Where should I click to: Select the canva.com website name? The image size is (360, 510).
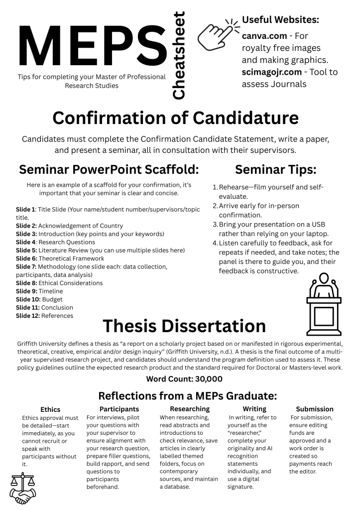click(x=264, y=36)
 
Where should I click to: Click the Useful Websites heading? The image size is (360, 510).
click(x=280, y=20)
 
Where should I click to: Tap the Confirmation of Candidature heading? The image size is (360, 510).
click(x=175, y=118)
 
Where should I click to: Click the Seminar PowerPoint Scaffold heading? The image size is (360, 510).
click(x=109, y=169)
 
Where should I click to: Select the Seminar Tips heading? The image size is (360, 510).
click(x=275, y=169)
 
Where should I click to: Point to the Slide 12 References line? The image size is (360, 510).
click(x=45, y=315)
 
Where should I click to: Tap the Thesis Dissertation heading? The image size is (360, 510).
click(x=184, y=326)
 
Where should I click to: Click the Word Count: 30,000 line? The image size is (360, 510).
click(x=184, y=379)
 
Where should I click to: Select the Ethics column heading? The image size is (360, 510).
click(x=50, y=409)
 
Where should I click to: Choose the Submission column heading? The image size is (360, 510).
click(x=315, y=409)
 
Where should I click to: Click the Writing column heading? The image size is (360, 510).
click(x=254, y=409)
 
